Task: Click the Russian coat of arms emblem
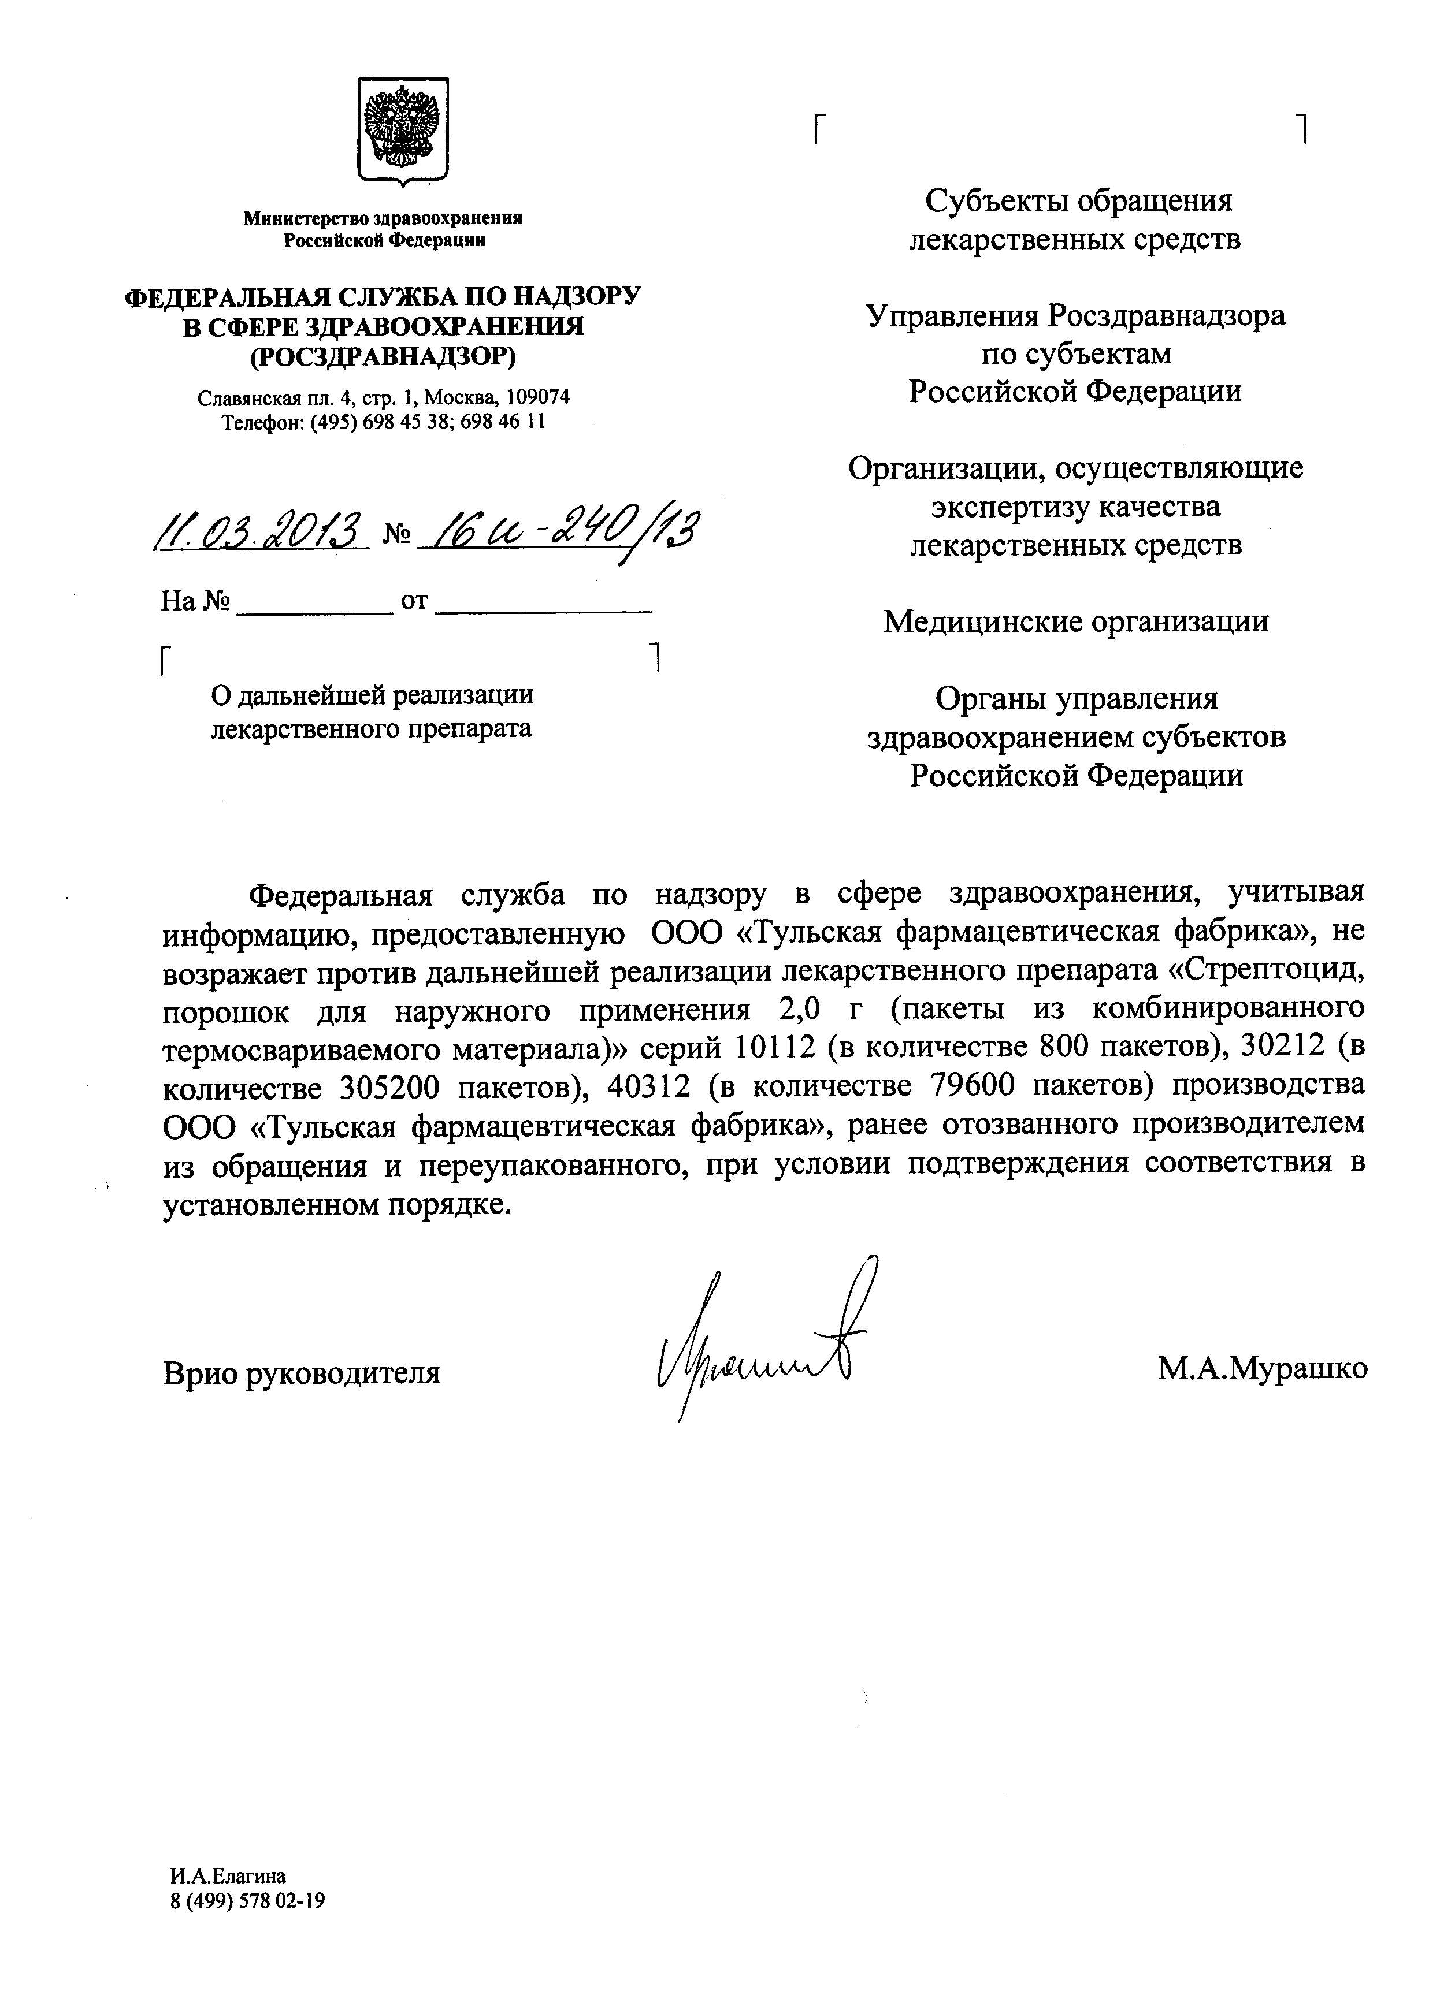403,131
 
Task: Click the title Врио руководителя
302,1372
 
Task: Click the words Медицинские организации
1075,622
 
